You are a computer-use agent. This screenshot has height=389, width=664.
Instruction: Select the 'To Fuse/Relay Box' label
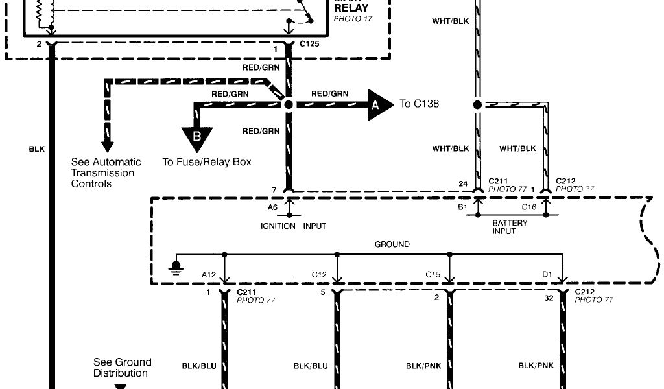click(206, 162)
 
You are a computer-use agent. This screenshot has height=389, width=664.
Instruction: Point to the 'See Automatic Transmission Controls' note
click(106, 173)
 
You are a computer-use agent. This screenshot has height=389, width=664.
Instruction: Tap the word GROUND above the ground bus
click(392, 244)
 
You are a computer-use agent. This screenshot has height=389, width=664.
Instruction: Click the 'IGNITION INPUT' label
click(293, 226)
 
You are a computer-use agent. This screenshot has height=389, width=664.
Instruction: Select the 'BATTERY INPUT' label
click(510, 227)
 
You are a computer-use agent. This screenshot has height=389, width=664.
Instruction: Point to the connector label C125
click(309, 49)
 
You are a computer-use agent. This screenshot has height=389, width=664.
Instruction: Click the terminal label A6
click(273, 207)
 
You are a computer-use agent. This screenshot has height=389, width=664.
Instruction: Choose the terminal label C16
click(529, 207)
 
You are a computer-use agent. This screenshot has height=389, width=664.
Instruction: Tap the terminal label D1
click(547, 274)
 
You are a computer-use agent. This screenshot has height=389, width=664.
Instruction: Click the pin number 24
click(463, 183)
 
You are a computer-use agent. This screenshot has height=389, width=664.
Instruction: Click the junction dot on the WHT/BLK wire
click(477, 104)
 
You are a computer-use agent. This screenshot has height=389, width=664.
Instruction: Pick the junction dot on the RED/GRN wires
click(288, 104)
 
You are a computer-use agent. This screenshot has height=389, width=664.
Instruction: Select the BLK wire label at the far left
click(37, 149)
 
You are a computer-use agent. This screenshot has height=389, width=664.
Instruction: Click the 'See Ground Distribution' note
click(122, 368)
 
